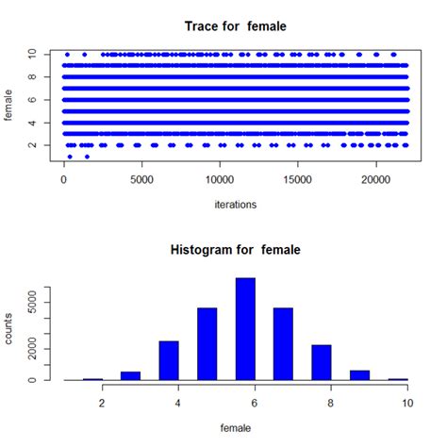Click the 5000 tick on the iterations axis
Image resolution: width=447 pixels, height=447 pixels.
point(141,177)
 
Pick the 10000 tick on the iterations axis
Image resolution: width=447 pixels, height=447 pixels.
point(220,177)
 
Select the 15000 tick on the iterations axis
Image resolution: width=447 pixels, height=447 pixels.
point(298,177)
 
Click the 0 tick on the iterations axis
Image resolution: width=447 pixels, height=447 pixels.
point(64,177)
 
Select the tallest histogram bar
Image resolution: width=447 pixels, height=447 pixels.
point(244,329)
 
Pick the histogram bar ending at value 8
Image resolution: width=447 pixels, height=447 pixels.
point(321,362)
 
